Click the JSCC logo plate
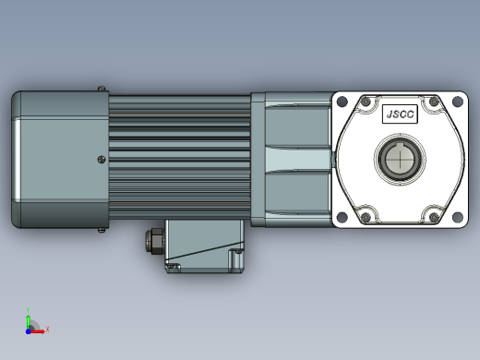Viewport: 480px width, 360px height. [400, 114]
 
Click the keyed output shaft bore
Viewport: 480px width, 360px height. [400, 160]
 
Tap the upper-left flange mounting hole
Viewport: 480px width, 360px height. [342, 102]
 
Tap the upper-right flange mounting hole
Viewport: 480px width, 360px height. [458, 102]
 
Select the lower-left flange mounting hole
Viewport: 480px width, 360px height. [342, 217]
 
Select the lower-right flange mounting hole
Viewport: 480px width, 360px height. [458, 217]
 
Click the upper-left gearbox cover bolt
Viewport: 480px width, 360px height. [366, 102]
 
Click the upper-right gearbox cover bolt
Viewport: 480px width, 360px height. [434, 102]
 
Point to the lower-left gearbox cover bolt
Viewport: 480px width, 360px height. [366, 217]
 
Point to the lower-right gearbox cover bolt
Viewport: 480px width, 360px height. [434, 217]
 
